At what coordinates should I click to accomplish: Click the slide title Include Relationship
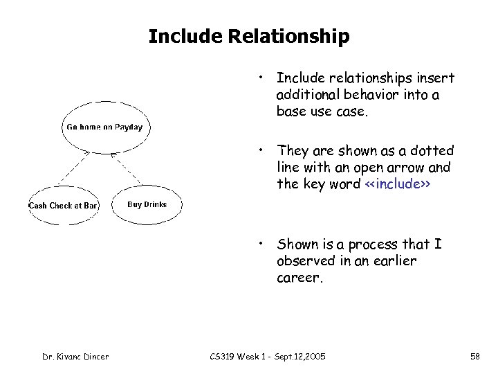(249, 36)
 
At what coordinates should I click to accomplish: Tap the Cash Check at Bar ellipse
(63, 206)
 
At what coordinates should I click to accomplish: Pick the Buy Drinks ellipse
(147, 204)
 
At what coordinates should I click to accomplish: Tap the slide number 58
(474, 356)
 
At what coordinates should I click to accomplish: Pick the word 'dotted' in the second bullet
(431, 150)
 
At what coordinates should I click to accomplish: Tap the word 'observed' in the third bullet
(306, 261)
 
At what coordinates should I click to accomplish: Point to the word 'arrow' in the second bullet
(409, 167)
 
